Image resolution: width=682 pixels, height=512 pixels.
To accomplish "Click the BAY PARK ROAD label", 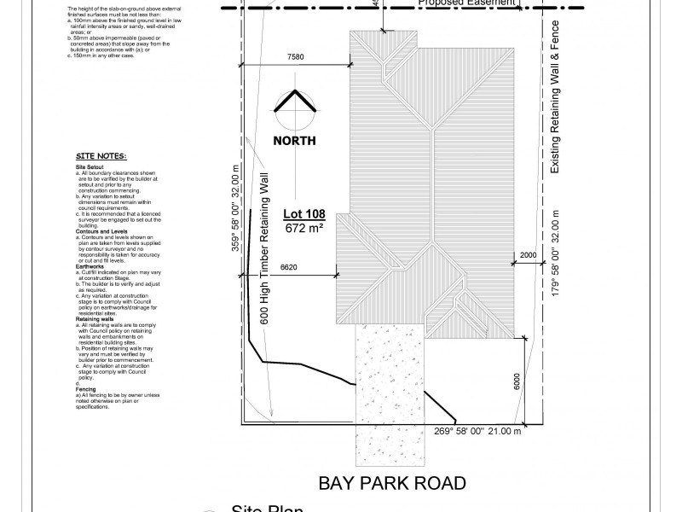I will click(392, 483).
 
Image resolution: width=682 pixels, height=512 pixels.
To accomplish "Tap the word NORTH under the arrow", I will click(294, 141).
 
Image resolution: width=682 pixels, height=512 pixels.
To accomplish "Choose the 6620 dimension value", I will click(292, 267).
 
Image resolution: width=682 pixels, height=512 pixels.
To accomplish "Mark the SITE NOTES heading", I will click(101, 156).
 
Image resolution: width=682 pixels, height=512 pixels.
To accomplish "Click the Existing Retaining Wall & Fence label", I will click(555, 97).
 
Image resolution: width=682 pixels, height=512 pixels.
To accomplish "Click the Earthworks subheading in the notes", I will click(91, 265).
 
